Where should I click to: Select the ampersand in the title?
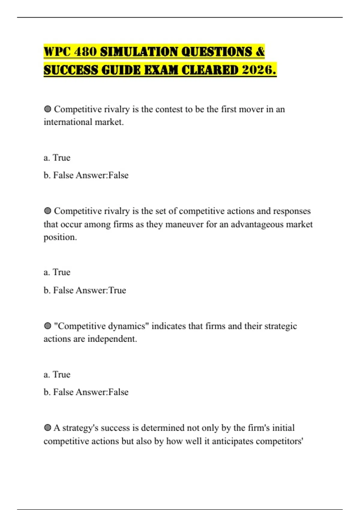coord(260,52)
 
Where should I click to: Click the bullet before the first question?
coord(47,109)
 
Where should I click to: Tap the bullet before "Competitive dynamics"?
coord(47,326)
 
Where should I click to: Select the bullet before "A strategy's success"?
coord(47,428)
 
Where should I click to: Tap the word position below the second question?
coord(60,237)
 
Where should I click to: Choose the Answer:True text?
coord(101,290)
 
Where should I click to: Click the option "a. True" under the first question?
coord(57,157)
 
